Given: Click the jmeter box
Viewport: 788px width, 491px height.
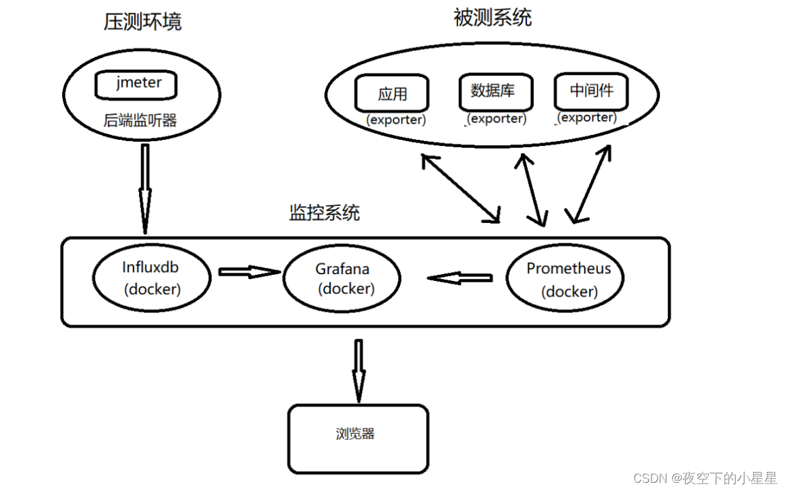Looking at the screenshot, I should pyautogui.click(x=137, y=85).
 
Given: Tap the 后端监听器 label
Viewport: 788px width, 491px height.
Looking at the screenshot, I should pyautogui.click(x=140, y=121).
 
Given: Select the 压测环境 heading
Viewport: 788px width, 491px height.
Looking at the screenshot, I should pyautogui.click(x=142, y=22).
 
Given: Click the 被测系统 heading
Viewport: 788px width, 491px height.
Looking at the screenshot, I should pyautogui.click(x=492, y=18).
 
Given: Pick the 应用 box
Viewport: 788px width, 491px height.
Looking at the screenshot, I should pyautogui.click(x=392, y=93).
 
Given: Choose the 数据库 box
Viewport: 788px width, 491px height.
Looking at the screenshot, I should pyautogui.click(x=493, y=91).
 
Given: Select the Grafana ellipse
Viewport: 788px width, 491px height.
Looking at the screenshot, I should pyautogui.click(x=342, y=278).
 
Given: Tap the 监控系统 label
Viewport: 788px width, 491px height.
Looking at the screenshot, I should pyautogui.click(x=324, y=213).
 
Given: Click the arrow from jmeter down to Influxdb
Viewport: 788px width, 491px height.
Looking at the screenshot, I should pyautogui.click(x=145, y=188).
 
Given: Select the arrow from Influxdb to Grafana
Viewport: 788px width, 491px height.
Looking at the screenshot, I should pyautogui.click(x=249, y=272).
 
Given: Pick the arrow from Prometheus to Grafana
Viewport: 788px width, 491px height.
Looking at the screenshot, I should pyautogui.click(x=460, y=278).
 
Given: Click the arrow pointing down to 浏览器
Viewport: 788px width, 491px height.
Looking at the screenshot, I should pyautogui.click(x=358, y=370).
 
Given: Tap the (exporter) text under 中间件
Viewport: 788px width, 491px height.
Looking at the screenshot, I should pyautogui.click(x=586, y=117).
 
